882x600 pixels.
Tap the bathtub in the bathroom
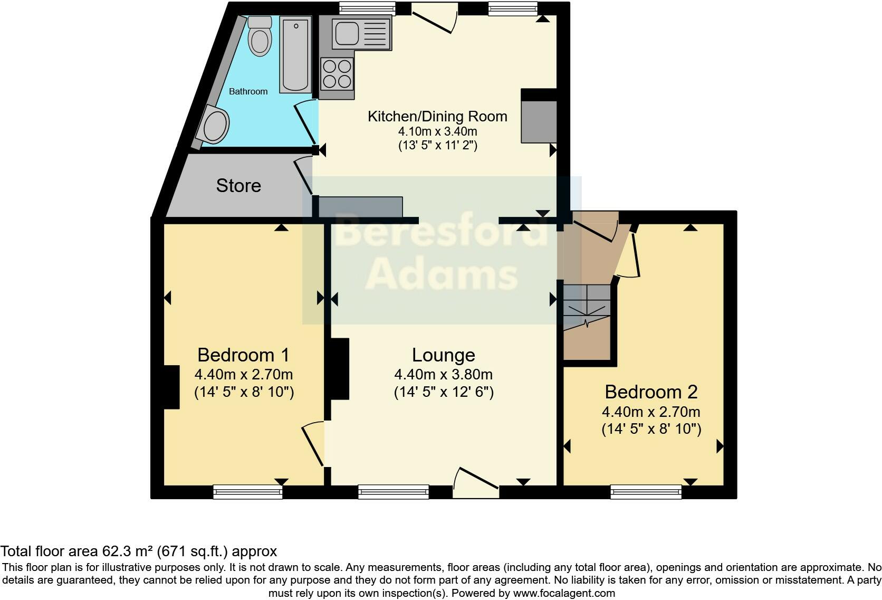coord(295,54)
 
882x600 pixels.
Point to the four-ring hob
coord(337,74)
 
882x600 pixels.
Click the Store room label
coord(238,186)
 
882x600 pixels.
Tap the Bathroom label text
coord(248,91)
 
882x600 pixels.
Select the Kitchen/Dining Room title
coord(437,116)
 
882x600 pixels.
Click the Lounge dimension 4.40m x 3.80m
coord(443,375)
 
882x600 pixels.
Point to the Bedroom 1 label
coord(243,355)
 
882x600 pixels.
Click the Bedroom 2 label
coord(651,392)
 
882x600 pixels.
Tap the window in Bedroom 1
coord(247,492)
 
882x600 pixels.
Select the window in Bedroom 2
coord(646,492)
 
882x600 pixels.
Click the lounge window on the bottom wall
coord(393,492)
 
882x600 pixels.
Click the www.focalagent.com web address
coord(564,593)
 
